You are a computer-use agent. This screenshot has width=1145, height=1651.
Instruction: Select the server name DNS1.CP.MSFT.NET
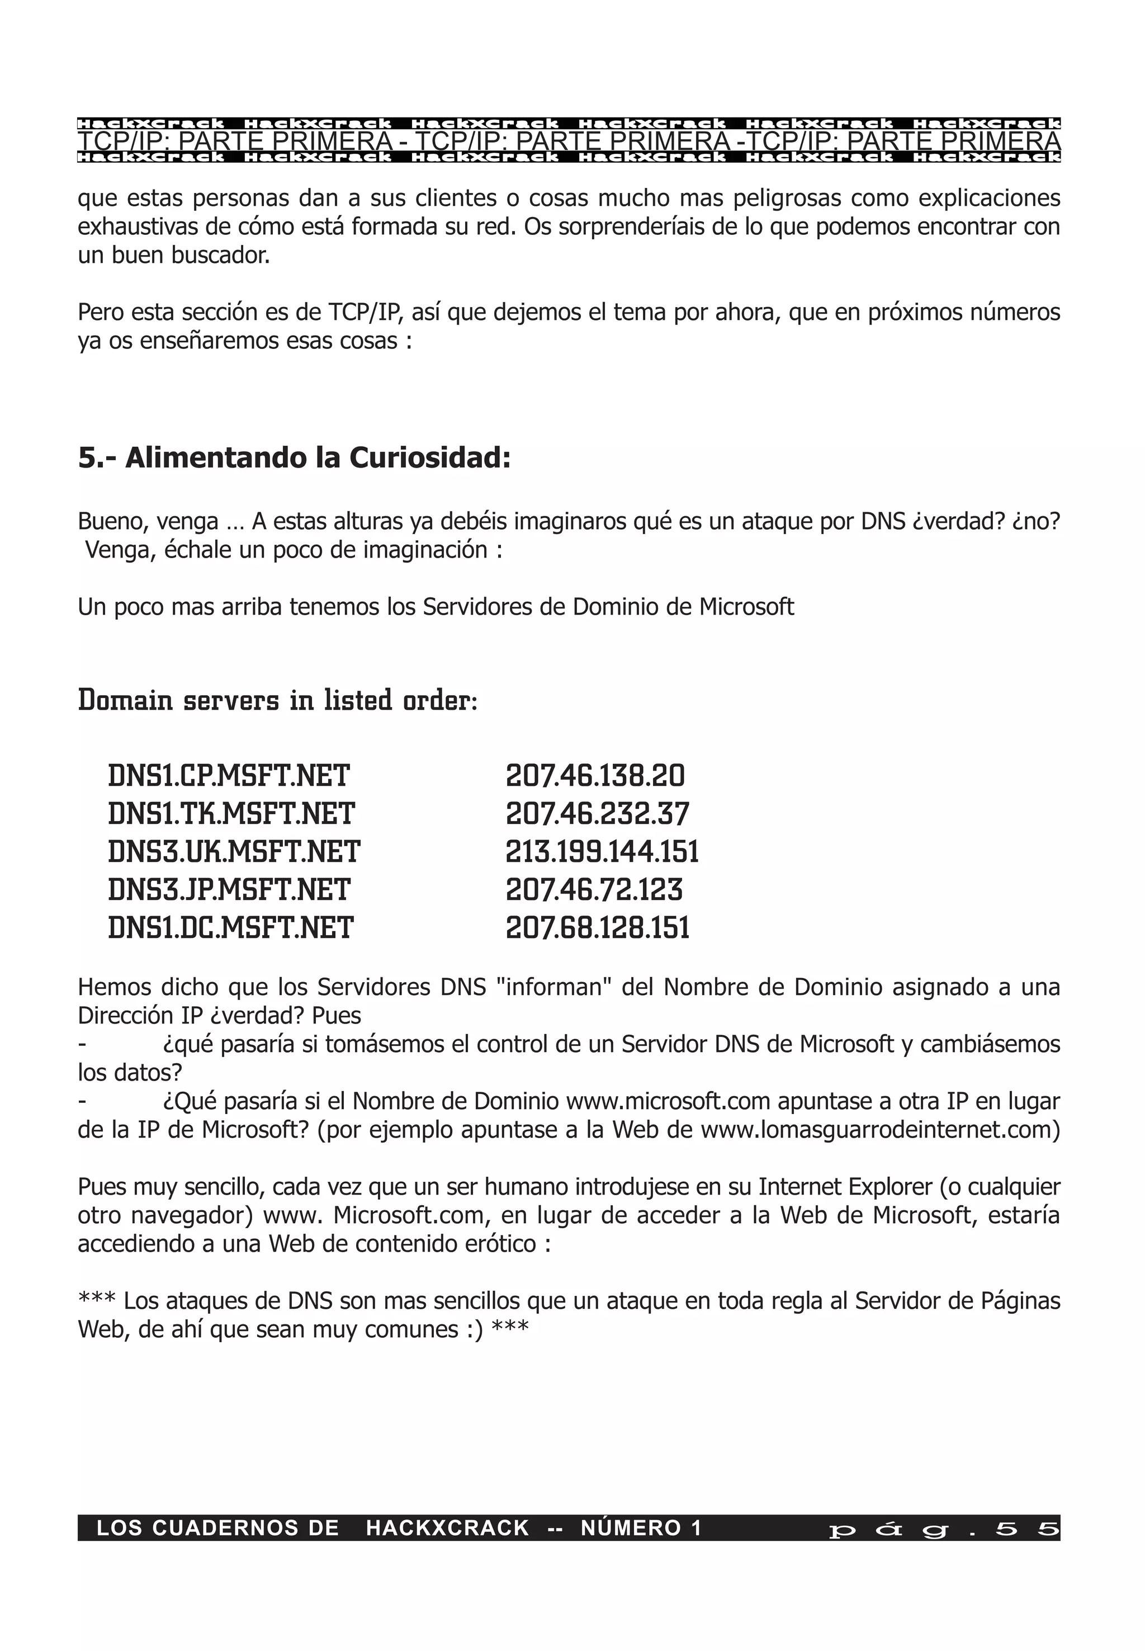229,776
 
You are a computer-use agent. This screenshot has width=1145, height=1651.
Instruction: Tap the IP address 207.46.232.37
597,814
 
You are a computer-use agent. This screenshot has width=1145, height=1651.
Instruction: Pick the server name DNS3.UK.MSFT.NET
234,852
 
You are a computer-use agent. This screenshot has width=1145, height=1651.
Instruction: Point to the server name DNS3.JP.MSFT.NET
229,890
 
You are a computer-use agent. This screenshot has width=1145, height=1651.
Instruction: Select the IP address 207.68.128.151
597,928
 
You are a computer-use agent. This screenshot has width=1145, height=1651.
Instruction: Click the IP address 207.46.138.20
595,776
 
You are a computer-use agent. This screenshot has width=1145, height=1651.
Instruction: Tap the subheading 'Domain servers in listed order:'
277,700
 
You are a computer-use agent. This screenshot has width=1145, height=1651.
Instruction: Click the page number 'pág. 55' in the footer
943,1529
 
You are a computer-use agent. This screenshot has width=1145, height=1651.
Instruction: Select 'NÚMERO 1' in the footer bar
641,1529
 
